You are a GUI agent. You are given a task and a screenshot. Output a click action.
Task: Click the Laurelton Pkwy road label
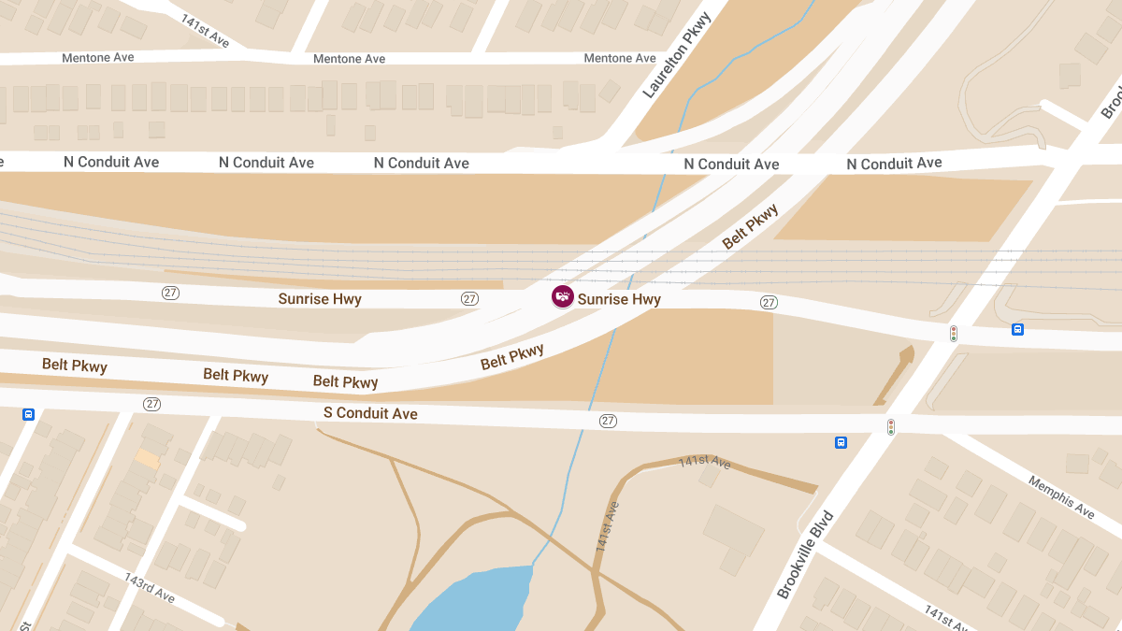pos(677,55)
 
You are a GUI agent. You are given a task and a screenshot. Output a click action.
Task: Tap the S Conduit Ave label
pos(370,413)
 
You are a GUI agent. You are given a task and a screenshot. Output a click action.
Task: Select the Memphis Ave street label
pos(1061,497)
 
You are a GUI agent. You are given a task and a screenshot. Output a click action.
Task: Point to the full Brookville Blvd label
pos(804,555)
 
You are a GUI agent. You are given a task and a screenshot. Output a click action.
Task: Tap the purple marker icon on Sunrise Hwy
pos(563,296)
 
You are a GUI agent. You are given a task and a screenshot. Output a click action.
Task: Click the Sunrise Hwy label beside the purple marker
pos(619,299)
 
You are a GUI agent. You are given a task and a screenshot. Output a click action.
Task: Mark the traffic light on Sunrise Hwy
pos(954,333)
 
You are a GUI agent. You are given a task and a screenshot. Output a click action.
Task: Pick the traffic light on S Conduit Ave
pos(891,427)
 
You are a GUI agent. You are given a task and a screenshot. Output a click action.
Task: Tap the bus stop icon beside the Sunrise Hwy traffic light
pos(1017,329)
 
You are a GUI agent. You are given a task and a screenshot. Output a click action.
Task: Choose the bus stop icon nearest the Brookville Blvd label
pos(841,442)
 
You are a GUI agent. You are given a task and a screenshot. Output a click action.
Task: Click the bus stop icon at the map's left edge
pos(28,414)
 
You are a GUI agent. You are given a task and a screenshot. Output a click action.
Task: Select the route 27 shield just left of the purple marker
pos(469,298)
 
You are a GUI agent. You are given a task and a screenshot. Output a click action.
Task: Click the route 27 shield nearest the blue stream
pos(608,421)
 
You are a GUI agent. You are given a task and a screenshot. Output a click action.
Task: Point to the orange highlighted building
pos(148,458)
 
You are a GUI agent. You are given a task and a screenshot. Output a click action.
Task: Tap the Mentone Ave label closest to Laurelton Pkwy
pos(620,58)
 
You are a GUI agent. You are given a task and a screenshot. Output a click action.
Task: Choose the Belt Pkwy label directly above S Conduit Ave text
pos(346,381)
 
